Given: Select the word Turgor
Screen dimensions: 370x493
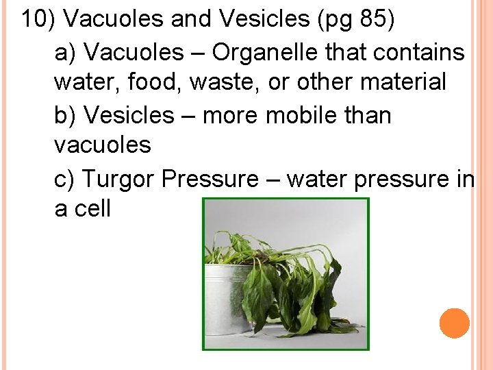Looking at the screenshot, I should (119, 179).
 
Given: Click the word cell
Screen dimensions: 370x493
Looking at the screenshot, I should (92, 210).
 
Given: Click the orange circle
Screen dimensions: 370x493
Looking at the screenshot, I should (455, 323).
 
